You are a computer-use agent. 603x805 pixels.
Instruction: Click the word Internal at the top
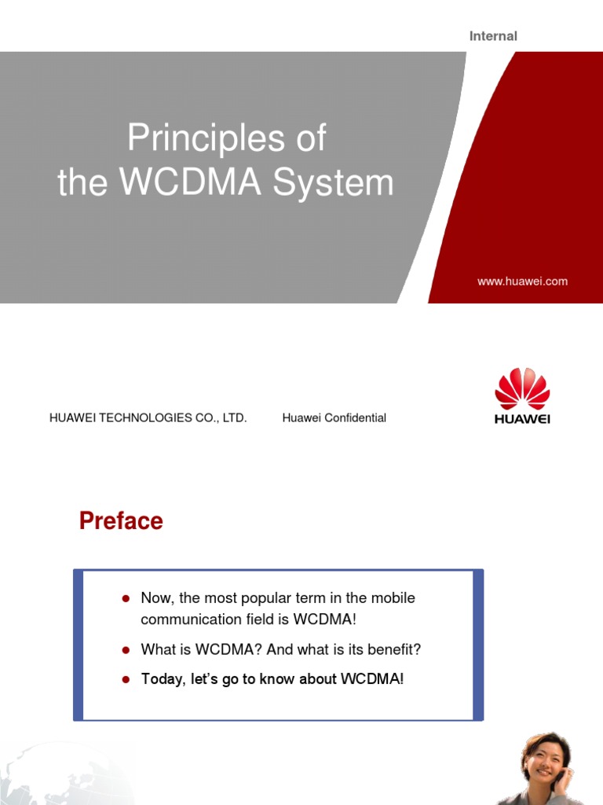(x=493, y=36)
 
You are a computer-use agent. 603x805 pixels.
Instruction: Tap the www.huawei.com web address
(x=522, y=281)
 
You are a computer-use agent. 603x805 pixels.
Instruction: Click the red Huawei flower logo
(x=522, y=388)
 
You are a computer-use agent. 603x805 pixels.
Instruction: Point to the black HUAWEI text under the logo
(x=522, y=419)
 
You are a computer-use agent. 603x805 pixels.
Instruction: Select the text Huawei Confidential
(x=334, y=418)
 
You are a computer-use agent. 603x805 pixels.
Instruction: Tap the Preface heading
(x=121, y=521)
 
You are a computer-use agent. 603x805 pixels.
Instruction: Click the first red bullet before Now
(x=125, y=599)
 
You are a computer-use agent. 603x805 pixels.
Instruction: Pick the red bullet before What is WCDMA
(x=125, y=651)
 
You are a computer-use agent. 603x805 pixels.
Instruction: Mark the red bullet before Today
(x=125, y=679)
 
